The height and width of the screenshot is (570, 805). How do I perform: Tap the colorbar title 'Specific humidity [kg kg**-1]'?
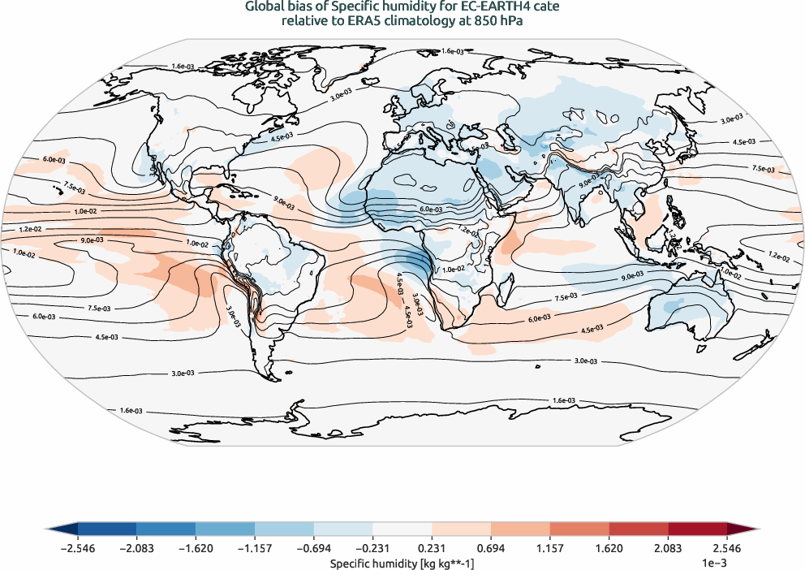click(x=402, y=563)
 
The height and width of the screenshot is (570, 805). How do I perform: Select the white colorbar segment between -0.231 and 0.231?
click(x=402, y=529)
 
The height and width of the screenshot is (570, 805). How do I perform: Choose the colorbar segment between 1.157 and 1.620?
click(x=579, y=529)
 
